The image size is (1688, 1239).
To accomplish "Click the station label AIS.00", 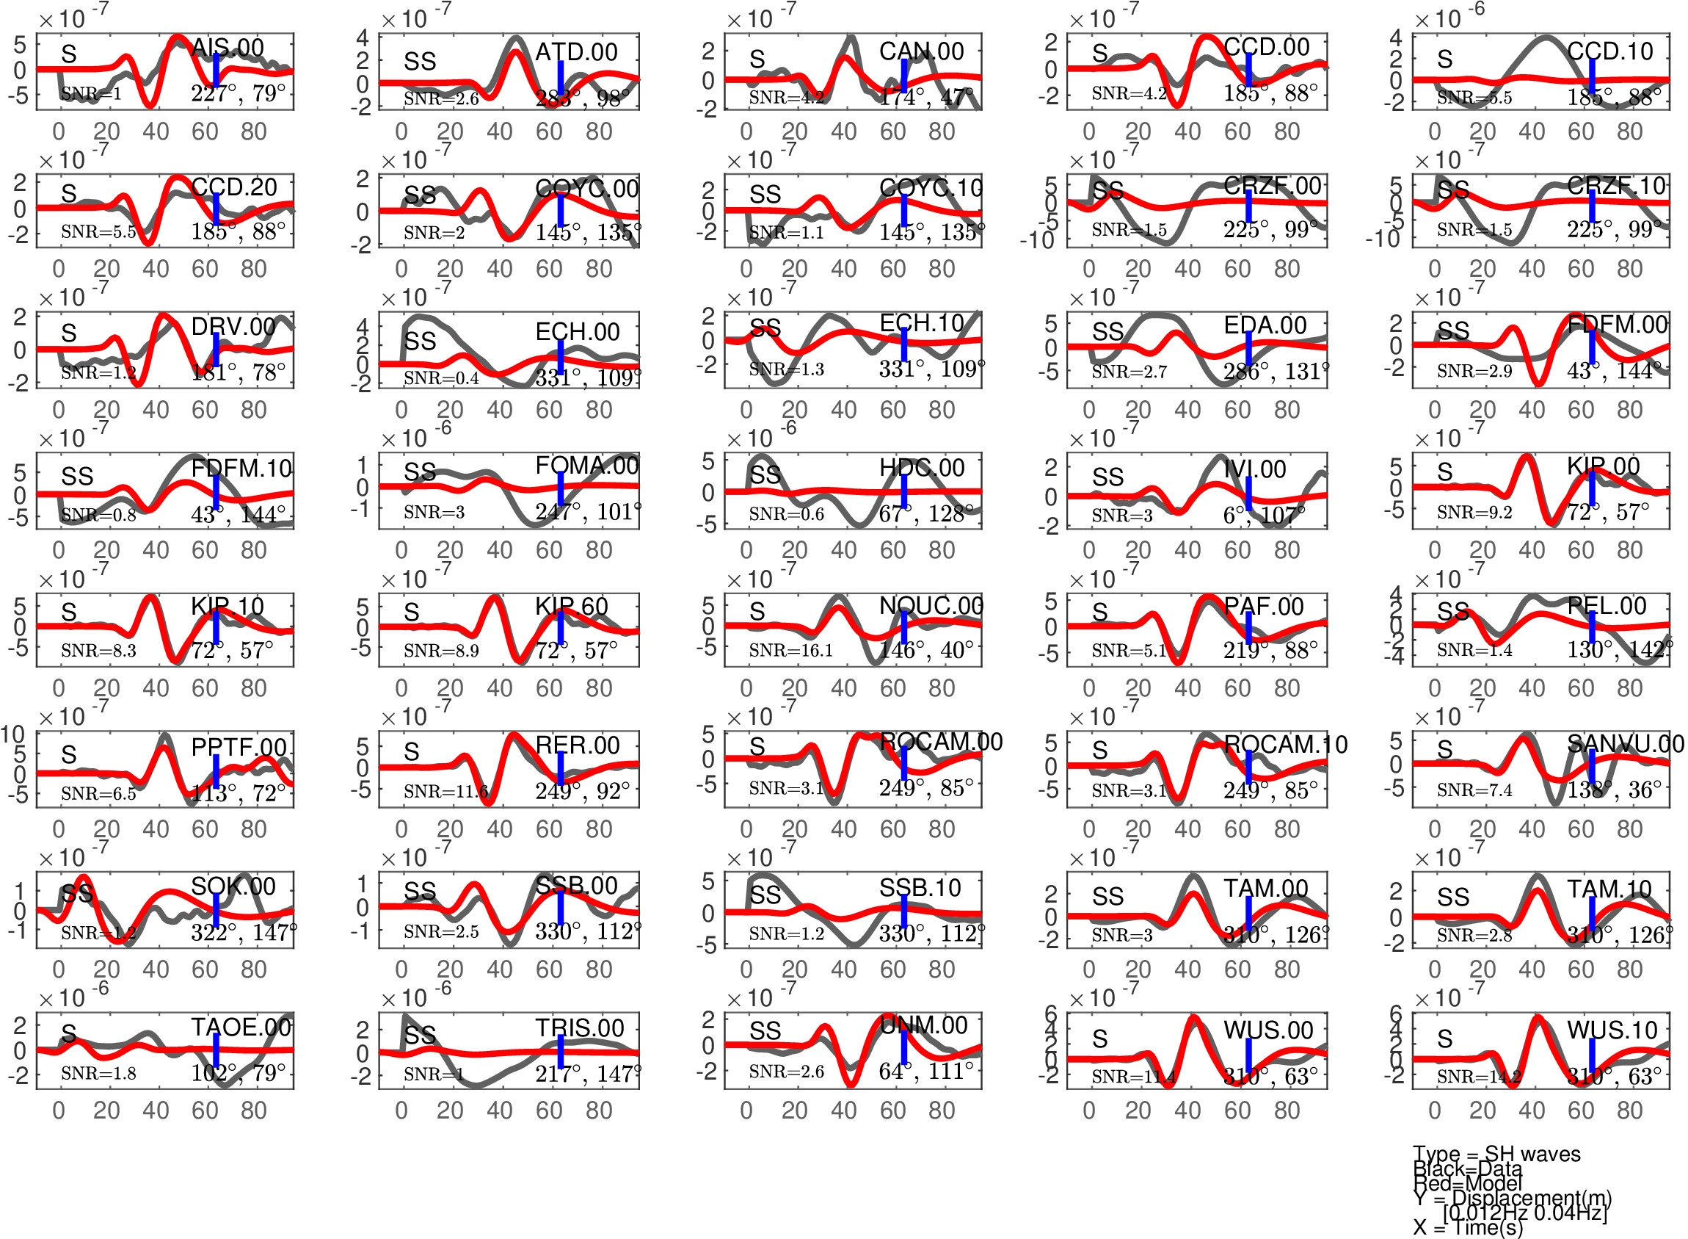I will coord(227,48).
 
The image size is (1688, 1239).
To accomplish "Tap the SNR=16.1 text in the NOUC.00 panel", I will coord(790,650).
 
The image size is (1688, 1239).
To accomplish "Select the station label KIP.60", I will coord(571,606).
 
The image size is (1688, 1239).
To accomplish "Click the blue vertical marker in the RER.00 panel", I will coord(561,767).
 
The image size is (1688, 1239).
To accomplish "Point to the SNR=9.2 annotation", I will coord(1474,512).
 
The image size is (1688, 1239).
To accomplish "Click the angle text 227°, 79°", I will coord(238,94).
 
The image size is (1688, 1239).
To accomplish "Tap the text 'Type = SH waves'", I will coord(1496,1155).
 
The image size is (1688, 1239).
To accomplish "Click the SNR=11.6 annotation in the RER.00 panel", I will coord(445,791).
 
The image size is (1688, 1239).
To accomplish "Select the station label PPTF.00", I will coord(239,747).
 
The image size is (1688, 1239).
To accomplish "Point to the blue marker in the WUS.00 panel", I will coord(1248,1060).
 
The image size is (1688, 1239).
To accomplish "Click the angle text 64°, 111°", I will coord(926,1071).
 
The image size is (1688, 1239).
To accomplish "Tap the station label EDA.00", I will coord(1265,325).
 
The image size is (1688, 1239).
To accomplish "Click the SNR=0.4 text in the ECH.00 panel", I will coord(441,378).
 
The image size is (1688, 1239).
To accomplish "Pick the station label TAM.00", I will coord(1265,888).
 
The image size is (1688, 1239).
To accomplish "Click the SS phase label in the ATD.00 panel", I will coord(420,62).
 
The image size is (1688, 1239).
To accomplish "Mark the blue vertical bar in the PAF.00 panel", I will coord(1248,628).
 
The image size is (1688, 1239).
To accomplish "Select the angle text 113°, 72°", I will coord(238,792).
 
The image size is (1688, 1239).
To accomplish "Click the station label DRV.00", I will coord(233,326).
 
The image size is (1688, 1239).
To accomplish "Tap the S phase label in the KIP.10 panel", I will coord(69,612).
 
